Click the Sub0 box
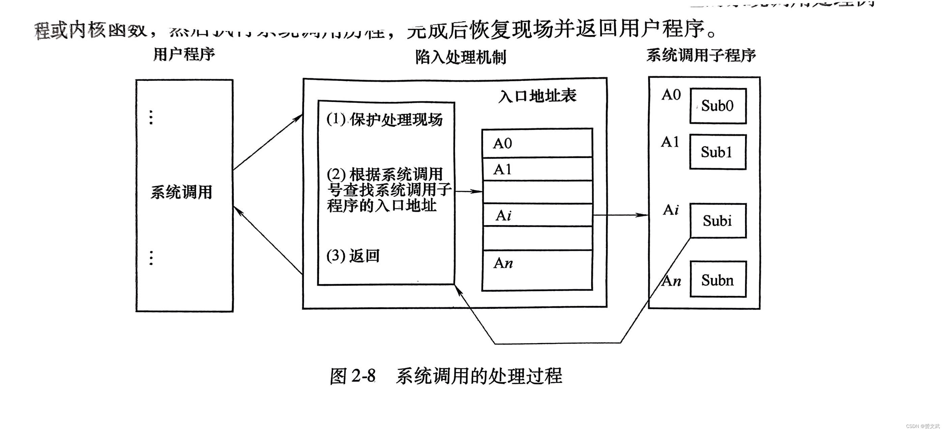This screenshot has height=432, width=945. coord(718,106)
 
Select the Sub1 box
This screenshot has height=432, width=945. coord(718,152)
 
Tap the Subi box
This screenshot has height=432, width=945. coord(718,221)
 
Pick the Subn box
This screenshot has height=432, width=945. coord(718,280)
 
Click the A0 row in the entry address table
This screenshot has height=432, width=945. coord(537,143)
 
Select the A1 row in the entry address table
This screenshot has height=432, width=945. coord(537,169)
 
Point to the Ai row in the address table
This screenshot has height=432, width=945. coord(537,215)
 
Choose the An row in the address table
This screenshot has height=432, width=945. coord(537,270)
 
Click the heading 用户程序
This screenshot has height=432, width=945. coord(184,54)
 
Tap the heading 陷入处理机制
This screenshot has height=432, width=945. coord(460,57)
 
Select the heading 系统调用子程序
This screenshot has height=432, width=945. coord(701,55)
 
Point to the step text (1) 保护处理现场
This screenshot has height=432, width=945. coord(384,119)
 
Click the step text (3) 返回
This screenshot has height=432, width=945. coord(352,255)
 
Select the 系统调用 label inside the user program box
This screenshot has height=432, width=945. coord(181,192)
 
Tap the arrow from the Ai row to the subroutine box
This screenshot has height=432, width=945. coord(620,215)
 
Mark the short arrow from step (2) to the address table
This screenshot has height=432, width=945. coord(468,191)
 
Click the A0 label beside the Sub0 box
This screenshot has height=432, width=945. coord(671,95)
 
